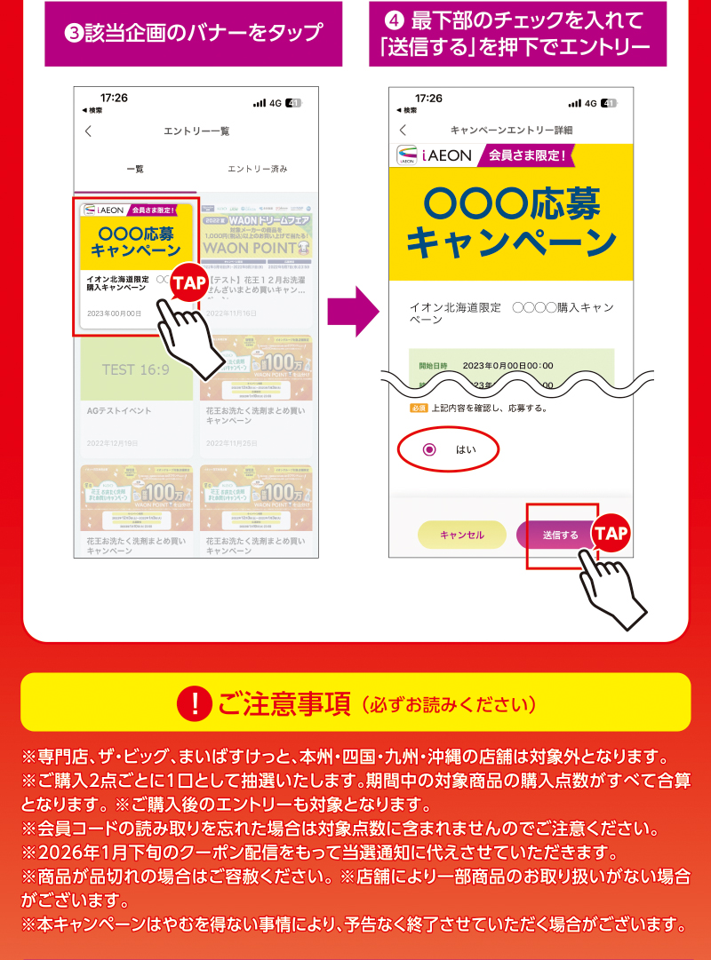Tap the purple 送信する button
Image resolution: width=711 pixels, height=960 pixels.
pyautogui.click(x=560, y=535)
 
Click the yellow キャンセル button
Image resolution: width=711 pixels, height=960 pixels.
pyautogui.click(x=462, y=535)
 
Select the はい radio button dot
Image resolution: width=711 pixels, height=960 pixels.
pyautogui.click(x=430, y=449)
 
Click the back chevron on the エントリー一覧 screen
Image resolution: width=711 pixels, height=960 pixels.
pyautogui.click(x=88, y=131)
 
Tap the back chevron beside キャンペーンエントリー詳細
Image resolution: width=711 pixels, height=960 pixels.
pyautogui.click(x=403, y=130)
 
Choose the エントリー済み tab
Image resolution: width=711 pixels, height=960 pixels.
pyautogui.click(x=257, y=169)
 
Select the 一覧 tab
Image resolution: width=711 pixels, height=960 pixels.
pyautogui.click(x=135, y=169)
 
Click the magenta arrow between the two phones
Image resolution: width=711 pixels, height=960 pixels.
pyautogui.click(x=353, y=311)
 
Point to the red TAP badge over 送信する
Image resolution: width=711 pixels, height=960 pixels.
pyautogui.click(x=611, y=533)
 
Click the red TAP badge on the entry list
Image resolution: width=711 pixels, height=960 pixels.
pyautogui.click(x=188, y=283)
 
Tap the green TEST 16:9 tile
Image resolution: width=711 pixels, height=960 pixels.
pyautogui.click(x=135, y=369)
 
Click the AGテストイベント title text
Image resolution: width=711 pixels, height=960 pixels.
pyautogui.click(x=119, y=411)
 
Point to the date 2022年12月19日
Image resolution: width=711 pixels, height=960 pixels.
pyautogui.click(x=113, y=442)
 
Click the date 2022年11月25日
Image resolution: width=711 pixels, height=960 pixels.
pyautogui.click(x=231, y=442)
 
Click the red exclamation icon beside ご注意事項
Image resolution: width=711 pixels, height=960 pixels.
pyautogui.click(x=194, y=704)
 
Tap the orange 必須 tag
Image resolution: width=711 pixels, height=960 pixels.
pyautogui.click(x=419, y=409)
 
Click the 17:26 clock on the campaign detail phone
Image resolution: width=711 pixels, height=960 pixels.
pyautogui.click(x=428, y=98)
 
